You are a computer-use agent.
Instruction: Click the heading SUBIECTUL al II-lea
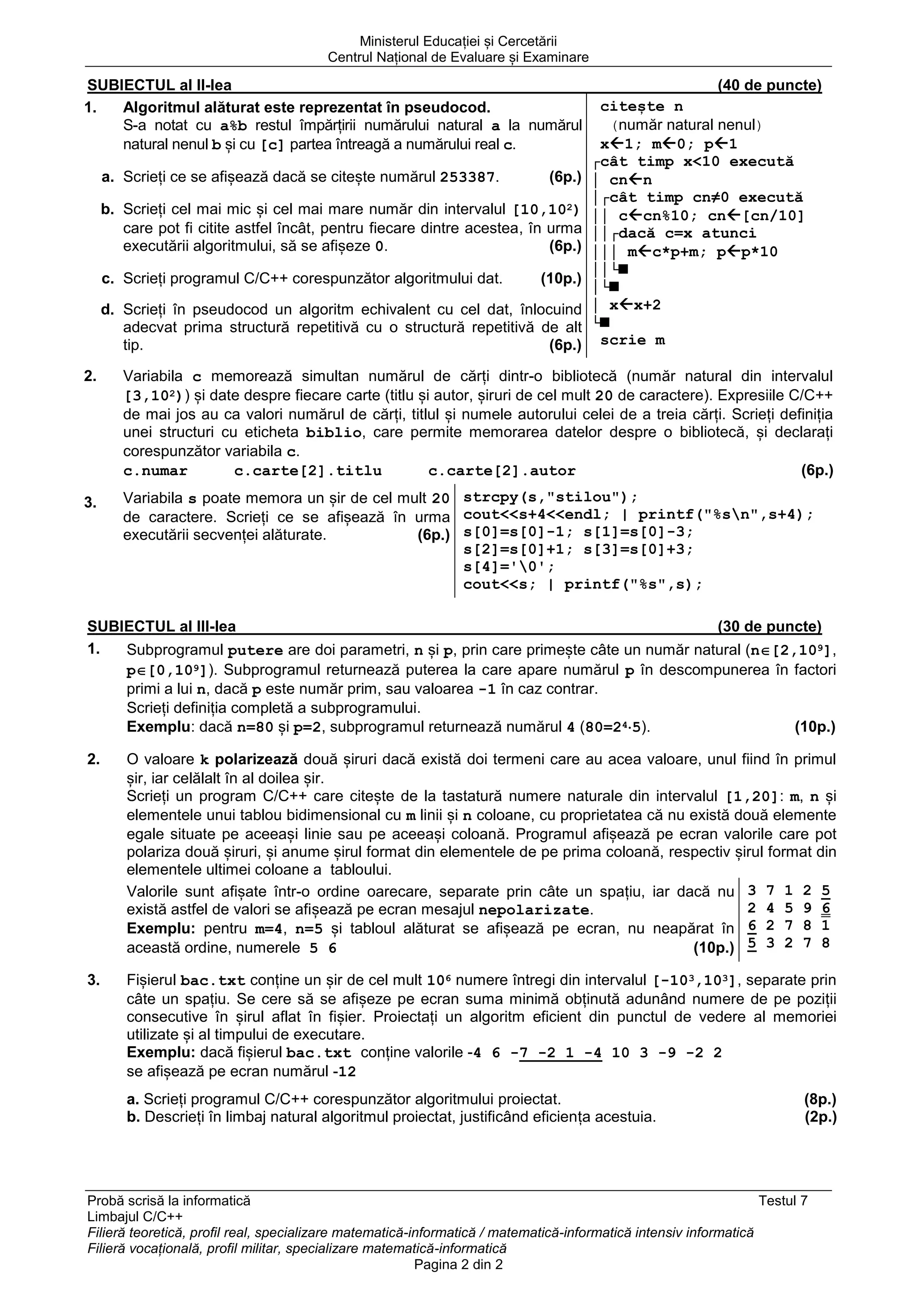click(x=159, y=86)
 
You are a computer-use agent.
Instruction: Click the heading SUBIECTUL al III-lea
click(x=162, y=626)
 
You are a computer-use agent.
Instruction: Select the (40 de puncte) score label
click(x=770, y=86)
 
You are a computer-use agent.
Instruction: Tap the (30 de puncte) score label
click(x=770, y=626)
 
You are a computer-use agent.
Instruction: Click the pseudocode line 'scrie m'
click(x=632, y=341)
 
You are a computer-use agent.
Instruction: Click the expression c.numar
click(x=155, y=471)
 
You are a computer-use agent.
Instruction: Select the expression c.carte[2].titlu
click(x=308, y=471)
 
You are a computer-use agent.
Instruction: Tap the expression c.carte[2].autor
click(x=502, y=471)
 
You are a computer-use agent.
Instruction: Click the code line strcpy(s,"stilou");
click(x=550, y=498)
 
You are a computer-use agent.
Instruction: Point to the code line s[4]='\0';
click(x=509, y=567)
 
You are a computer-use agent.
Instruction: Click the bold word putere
click(x=255, y=651)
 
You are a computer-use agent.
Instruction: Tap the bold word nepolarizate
click(x=534, y=910)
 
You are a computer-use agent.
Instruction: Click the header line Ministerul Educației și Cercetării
click(x=458, y=41)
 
